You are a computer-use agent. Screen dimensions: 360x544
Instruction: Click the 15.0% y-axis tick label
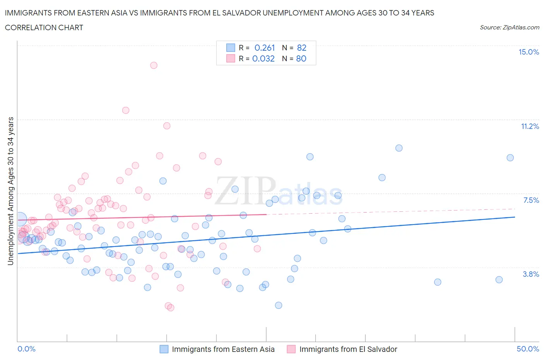(529, 52)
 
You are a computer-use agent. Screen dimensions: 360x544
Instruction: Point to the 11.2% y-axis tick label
(530, 127)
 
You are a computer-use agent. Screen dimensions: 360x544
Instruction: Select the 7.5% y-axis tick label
(531, 201)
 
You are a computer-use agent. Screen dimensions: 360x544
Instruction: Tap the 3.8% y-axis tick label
(531, 274)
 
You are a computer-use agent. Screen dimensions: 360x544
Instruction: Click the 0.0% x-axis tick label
(27, 349)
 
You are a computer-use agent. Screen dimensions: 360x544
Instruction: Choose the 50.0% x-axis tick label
(528, 349)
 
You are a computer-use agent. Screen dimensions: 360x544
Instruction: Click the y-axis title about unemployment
(10, 191)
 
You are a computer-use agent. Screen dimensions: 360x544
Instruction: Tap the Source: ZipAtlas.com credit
(509, 27)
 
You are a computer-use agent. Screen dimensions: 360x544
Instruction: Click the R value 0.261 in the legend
(265, 48)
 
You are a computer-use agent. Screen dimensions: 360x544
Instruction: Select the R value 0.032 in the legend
(263, 59)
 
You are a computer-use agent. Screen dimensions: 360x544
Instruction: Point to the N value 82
(301, 48)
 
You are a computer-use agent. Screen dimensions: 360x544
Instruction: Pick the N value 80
(301, 59)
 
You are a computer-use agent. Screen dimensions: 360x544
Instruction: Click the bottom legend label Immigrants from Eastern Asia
(223, 350)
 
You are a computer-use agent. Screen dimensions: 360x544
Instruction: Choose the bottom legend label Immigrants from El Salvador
(348, 350)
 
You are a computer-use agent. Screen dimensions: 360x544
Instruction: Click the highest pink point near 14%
(154, 65)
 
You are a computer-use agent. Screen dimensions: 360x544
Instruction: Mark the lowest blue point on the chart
(279, 305)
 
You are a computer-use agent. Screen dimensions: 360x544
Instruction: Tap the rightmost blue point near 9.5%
(510, 158)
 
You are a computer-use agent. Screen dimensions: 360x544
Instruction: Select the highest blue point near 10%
(399, 148)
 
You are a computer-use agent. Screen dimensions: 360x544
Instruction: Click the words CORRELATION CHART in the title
(44, 28)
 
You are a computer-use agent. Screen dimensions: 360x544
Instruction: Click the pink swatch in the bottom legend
(291, 350)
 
